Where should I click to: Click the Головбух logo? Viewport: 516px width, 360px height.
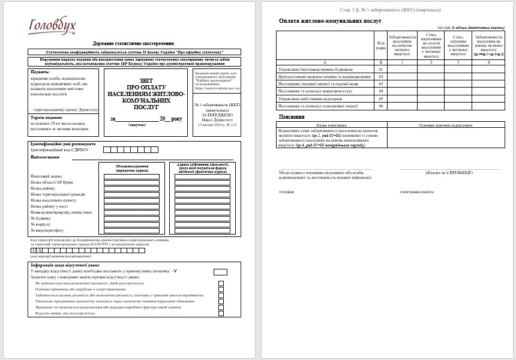[52, 26]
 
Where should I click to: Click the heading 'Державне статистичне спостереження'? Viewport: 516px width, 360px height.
[133, 44]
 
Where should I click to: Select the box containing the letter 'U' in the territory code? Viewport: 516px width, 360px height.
[33, 250]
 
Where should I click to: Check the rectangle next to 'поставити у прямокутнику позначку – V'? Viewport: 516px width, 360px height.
[220, 272]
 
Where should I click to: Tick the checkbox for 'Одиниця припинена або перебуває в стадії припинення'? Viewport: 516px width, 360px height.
[221, 289]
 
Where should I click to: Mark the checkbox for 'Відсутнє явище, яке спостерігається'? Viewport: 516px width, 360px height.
[221, 313]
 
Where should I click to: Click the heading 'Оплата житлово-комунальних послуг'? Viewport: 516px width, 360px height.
[330, 21]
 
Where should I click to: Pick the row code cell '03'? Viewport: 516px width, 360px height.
[380, 83]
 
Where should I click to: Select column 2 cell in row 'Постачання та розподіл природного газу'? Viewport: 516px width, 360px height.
[430, 91]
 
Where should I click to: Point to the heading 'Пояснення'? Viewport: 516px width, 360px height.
[292, 116]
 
